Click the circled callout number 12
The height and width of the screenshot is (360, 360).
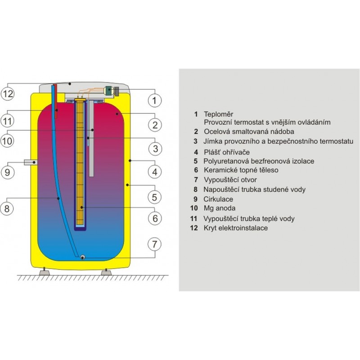click(x=7, y=94)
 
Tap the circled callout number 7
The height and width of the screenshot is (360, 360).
click(x=154, y=244)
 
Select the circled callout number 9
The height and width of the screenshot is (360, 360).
click(x=7, y=172)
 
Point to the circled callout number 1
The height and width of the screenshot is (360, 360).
click(x=154, y=100)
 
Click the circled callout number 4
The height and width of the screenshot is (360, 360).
click(x=155, y=172)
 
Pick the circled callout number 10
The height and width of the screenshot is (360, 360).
click(x=7, y=140)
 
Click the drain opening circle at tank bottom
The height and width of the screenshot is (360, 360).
click(x=82, y=257)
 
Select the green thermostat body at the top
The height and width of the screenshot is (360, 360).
click(x=108, y=90)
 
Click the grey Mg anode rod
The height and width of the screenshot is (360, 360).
click(x=91, y=138)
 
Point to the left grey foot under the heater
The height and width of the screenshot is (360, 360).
click(x=44, y=273)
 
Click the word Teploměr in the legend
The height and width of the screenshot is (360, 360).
click(x=218, y=114)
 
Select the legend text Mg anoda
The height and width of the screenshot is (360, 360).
click(x=220, y=208)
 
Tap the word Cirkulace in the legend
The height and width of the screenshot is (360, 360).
click(x=218, y=199)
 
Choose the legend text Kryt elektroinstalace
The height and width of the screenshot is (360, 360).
click(x=235, y=228)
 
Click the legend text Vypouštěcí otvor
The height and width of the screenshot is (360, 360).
click(x=230, y=180)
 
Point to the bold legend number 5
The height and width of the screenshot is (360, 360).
click(x=196, y=161)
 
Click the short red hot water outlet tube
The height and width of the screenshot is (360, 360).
click(x=55, y=101)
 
